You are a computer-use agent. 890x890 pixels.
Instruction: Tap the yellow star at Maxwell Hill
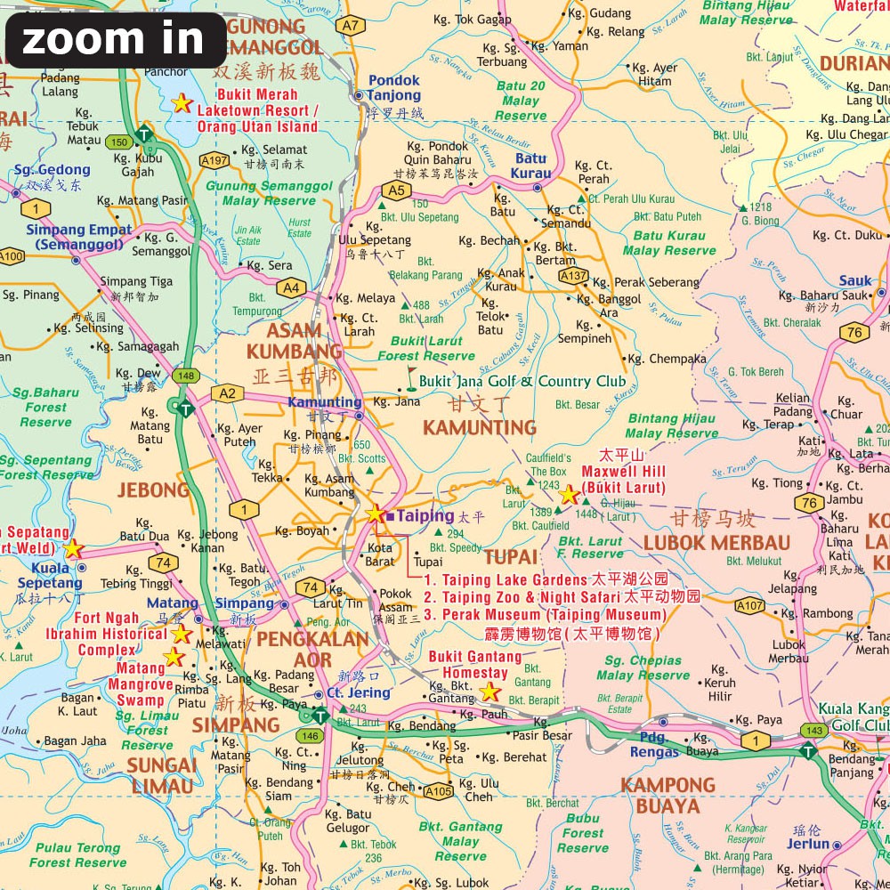[569, 495]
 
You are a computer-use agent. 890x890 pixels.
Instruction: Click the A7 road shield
[352, 26]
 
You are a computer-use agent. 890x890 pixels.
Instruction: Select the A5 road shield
[395, 190]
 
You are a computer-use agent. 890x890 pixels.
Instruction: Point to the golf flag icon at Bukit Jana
[410, 379]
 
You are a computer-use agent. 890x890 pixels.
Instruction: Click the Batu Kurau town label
[532, 166]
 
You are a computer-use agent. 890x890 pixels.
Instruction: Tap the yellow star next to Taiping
[375, 514]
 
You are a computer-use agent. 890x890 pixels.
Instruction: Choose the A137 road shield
[574, 277]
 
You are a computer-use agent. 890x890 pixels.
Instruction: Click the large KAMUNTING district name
[480, 428]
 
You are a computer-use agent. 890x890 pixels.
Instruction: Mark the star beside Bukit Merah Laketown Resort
[182, 103]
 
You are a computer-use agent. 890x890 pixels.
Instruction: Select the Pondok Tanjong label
[393, 87]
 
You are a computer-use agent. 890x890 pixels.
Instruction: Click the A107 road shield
[749, 606]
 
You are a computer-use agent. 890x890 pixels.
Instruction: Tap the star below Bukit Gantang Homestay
[489, 692]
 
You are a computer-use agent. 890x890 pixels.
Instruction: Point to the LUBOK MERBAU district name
[716, 543]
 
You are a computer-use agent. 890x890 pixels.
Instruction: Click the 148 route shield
[185, 376]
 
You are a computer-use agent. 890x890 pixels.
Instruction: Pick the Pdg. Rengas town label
[654, 745]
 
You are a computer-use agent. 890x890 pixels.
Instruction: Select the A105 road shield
[438, 789]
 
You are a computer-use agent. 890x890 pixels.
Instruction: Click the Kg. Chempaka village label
[667, 359]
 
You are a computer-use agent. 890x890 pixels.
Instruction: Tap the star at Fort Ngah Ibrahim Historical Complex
[182, 634]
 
